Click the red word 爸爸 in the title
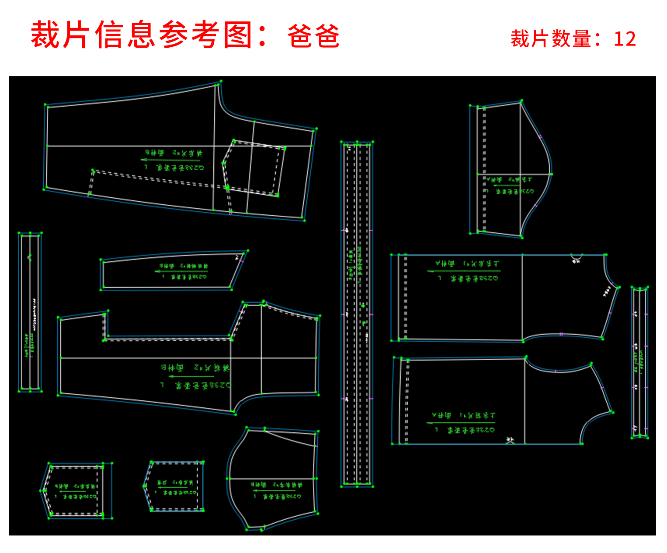[313, 36]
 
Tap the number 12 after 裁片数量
[625, 39]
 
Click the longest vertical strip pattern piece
[357, 313]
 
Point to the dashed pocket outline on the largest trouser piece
[254, 168]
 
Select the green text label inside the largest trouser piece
[175, 160]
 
